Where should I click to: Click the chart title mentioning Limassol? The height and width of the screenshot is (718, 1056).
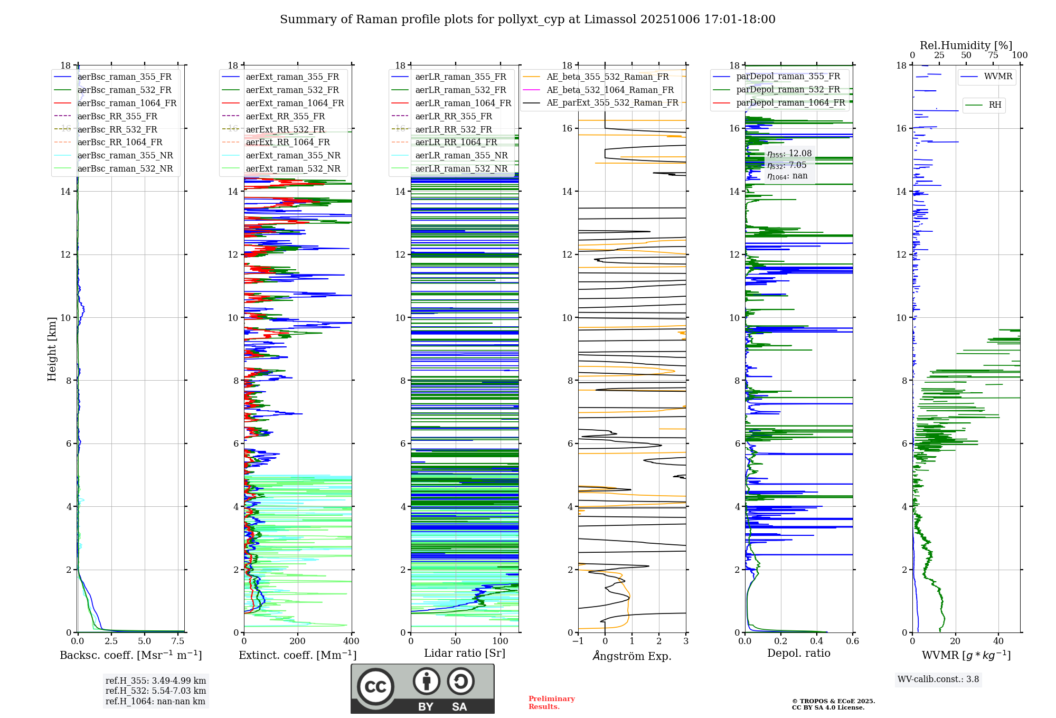pyautogui.click(x=527, y=20)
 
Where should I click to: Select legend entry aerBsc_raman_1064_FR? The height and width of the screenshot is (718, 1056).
pyautogui.click(x=127, y=103)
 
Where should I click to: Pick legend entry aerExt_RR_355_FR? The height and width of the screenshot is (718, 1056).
pyautogui.click(x=285, y=117)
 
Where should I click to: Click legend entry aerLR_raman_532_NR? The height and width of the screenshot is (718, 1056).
pyautogui.click(x=461, y=169)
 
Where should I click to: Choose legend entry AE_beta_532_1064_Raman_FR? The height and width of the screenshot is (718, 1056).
pyautogui.click(x=610, y=90)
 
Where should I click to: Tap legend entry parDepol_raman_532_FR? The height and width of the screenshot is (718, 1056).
pyautogui.click(x=788, y=90)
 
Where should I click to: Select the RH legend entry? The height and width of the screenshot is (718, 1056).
pyautogui.click(x=995, y=105)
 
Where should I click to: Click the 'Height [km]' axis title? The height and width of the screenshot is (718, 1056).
pyautogui.click(x=52, y=349)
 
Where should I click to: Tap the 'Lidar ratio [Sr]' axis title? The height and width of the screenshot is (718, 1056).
pyautogui.click(x=464, y=654)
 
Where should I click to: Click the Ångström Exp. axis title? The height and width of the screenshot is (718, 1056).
pyautogui.click(x=631, y=656)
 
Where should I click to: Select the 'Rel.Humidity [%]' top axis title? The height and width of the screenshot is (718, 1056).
pyautogui.click(x=966, y=45)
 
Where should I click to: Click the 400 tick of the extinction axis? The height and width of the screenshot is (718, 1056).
pyautogui.click(x=351, y=641)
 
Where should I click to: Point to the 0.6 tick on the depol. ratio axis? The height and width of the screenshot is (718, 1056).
pyautogui.click(x=852, y=641)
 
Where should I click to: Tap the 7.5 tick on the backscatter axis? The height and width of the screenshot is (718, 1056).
pyautogui.click(x=178, y=641)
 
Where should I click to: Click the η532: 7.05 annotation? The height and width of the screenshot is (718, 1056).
pyautogui.click(x=787, y=165)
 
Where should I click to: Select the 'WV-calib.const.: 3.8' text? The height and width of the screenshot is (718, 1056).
pyautogui.click(x=938, y=679)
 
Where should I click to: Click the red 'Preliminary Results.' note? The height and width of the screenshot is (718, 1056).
pyautogui.click(x=551, y=703)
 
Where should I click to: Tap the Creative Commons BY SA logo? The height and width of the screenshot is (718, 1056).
pyautogui.click(x=422, y=688)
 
